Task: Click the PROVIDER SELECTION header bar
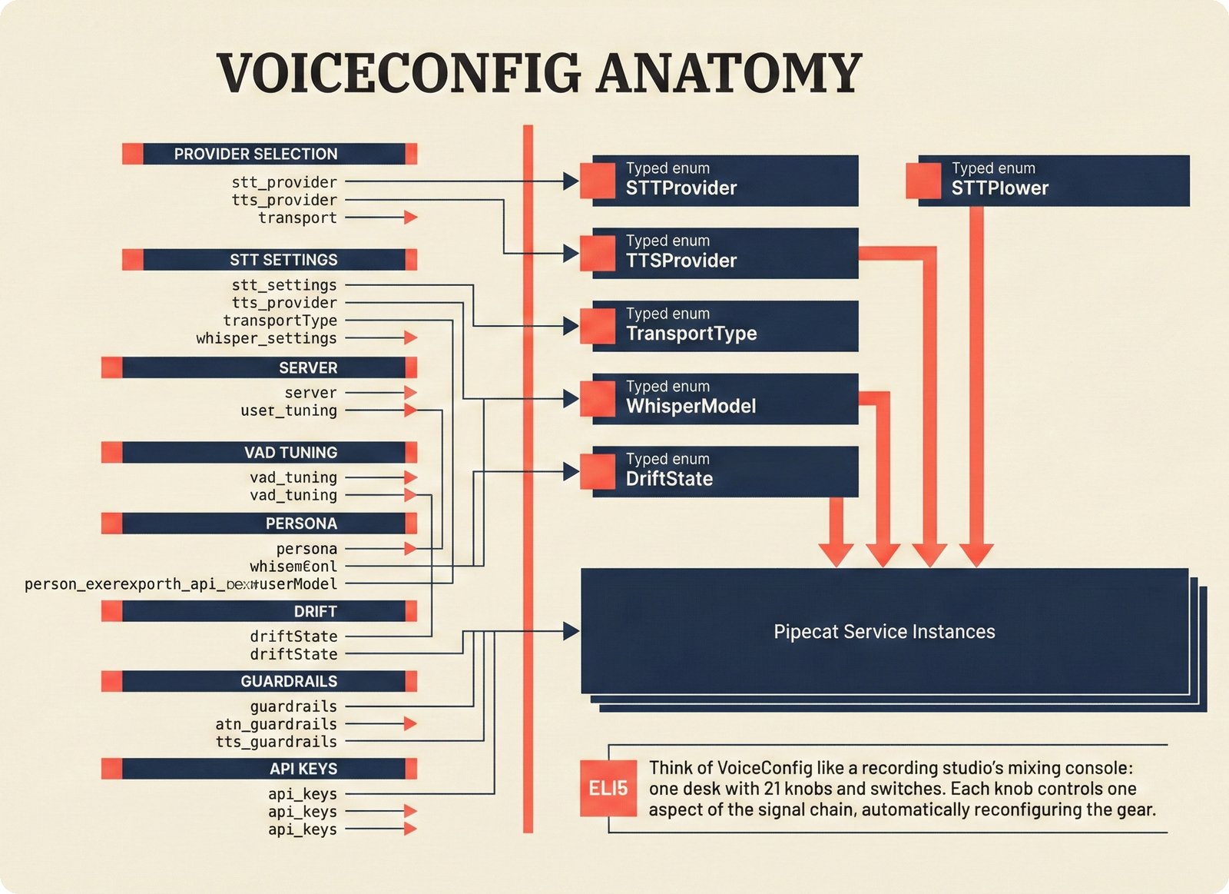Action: [x=269, y=154]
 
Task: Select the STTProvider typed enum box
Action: [x=724, y=181]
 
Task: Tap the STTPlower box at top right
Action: [x=1052, y=181]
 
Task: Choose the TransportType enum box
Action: [x=724, y=326]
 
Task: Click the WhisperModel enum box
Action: [x=724, y=398]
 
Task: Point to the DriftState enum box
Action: [x=724, y=471]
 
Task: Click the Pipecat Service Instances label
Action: [x=884, y=632]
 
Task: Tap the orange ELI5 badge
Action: [x=608, y=788]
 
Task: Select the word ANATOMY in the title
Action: [x=729, y=73]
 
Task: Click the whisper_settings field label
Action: [x=267, y=338]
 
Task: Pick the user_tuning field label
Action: [x=289, y=410]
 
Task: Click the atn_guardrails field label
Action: [x=276, y=724]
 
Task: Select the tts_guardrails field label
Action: [x=276, y=742]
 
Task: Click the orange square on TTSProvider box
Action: [x=598, y=254]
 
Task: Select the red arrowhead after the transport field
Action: [x=411, y=218]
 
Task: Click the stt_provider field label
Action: [x=284, y=182]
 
